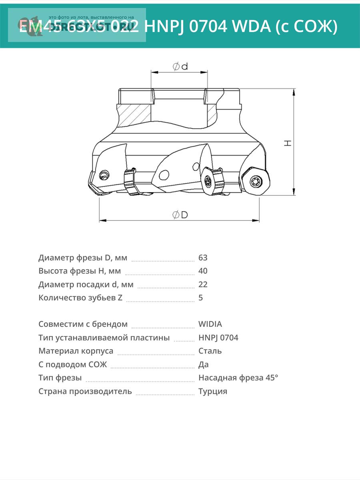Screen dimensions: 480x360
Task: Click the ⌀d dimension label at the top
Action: (x=180, y=66)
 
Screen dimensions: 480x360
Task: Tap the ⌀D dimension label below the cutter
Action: (x=180, y=215)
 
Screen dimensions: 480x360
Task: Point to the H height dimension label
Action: (x=288, y=143)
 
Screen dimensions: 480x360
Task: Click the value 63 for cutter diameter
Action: (x=203, y=258)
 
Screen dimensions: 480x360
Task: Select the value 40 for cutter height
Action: (x=203, y=271)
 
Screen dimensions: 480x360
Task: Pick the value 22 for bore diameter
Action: (x=203, y=284)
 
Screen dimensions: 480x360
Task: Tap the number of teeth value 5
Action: (x=200, y=298)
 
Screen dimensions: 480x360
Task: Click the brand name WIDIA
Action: (x=210, y=324)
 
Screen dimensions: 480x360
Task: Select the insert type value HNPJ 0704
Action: (x=218, y=338)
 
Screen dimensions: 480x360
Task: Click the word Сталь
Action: (x=210, y=351)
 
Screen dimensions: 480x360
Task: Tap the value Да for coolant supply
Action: (x=203, y=364)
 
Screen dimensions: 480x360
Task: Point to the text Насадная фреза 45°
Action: (x=238, y=378)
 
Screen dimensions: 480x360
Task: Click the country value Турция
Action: (x=213, y=391)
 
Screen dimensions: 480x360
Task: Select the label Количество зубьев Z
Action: (x=80, y=298)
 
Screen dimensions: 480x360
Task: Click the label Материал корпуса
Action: (x=76, y=351)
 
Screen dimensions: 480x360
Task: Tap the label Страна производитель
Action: (x=85, y=391)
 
